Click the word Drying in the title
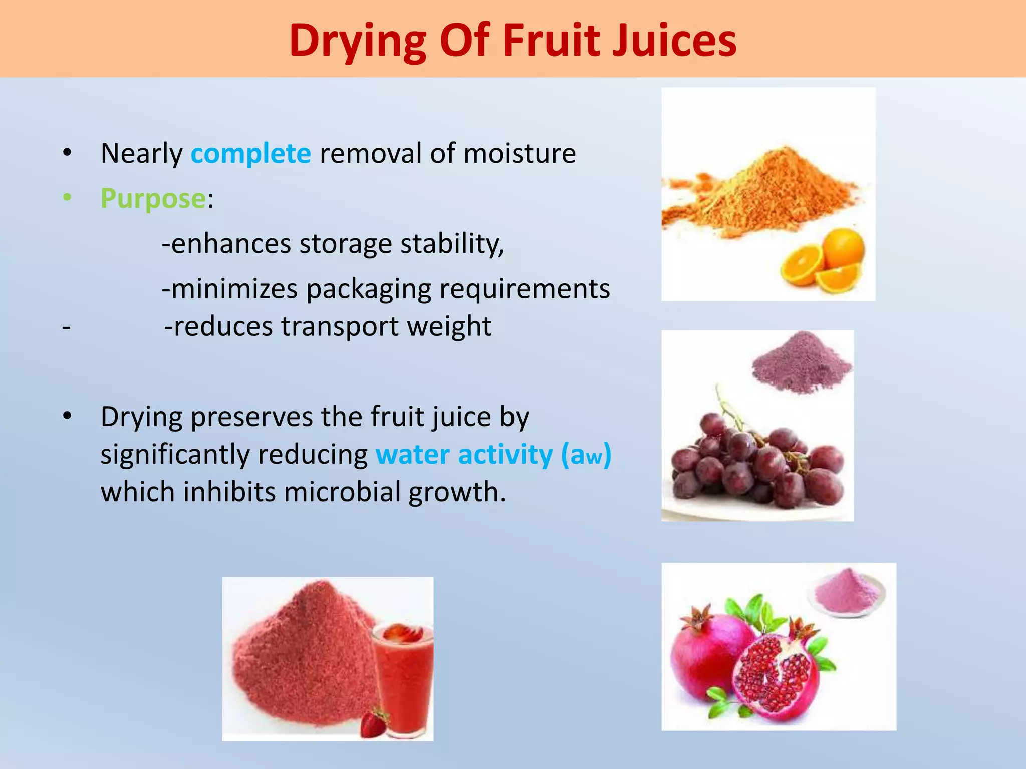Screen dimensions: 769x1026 tap(358, 41)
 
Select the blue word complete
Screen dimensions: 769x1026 tap(251, 153)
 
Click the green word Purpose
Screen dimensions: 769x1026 tap(153, 199)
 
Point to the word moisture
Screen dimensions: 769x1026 tap(520, 153)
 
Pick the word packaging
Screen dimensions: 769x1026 tap(369, 289)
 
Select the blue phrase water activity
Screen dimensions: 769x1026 tap(464, 455)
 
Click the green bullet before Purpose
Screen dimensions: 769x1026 tap(68, 198)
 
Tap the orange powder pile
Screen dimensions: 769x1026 tap(766, 190)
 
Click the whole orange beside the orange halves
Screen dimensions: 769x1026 tap(844, 248)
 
